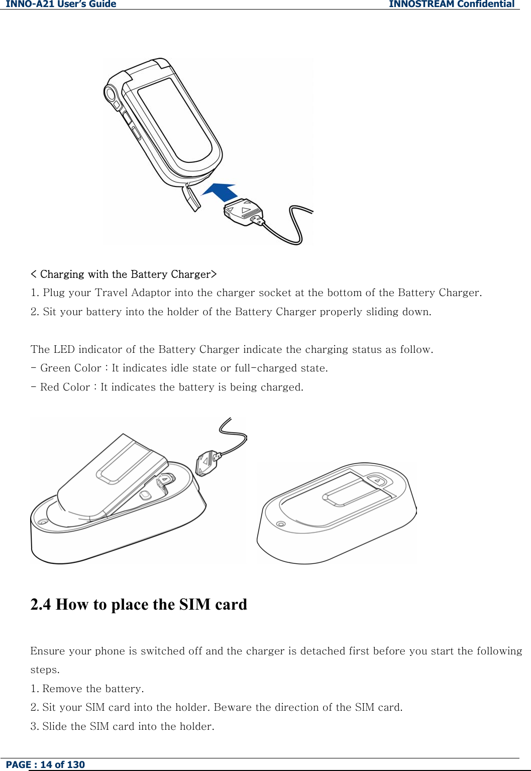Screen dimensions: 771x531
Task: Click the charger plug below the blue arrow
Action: pos(243,211)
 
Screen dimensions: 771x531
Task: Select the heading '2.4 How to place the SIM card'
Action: pos(139,604)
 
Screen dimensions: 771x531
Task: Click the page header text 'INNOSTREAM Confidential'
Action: pos(451,5)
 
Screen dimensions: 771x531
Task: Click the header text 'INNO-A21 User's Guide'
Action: pos(61,5)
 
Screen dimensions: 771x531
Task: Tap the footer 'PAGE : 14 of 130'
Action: pos(45,764)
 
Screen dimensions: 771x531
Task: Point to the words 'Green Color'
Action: pos(71,368)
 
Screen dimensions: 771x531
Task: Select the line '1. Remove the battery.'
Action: pos(87,689)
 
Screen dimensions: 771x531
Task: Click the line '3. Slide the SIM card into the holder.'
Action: pos(122,726)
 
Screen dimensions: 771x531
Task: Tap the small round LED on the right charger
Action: pos(281,524)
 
